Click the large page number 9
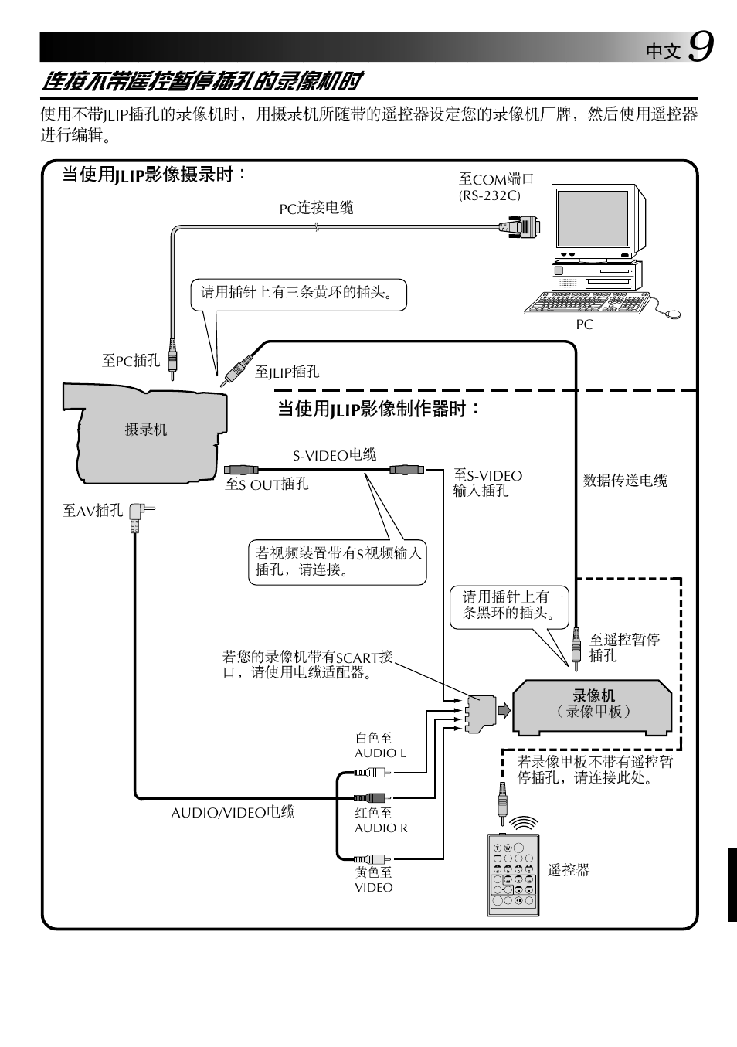point(700,47)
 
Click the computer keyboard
point(585,303)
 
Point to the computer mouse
point(671,314)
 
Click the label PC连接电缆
point(316,208)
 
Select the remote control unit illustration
point(512,875)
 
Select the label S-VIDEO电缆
point(335,455)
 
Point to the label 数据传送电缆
point(625,481)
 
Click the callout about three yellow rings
point(298,293)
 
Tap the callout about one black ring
point(509,605)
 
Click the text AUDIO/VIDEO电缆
point(233,812)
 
